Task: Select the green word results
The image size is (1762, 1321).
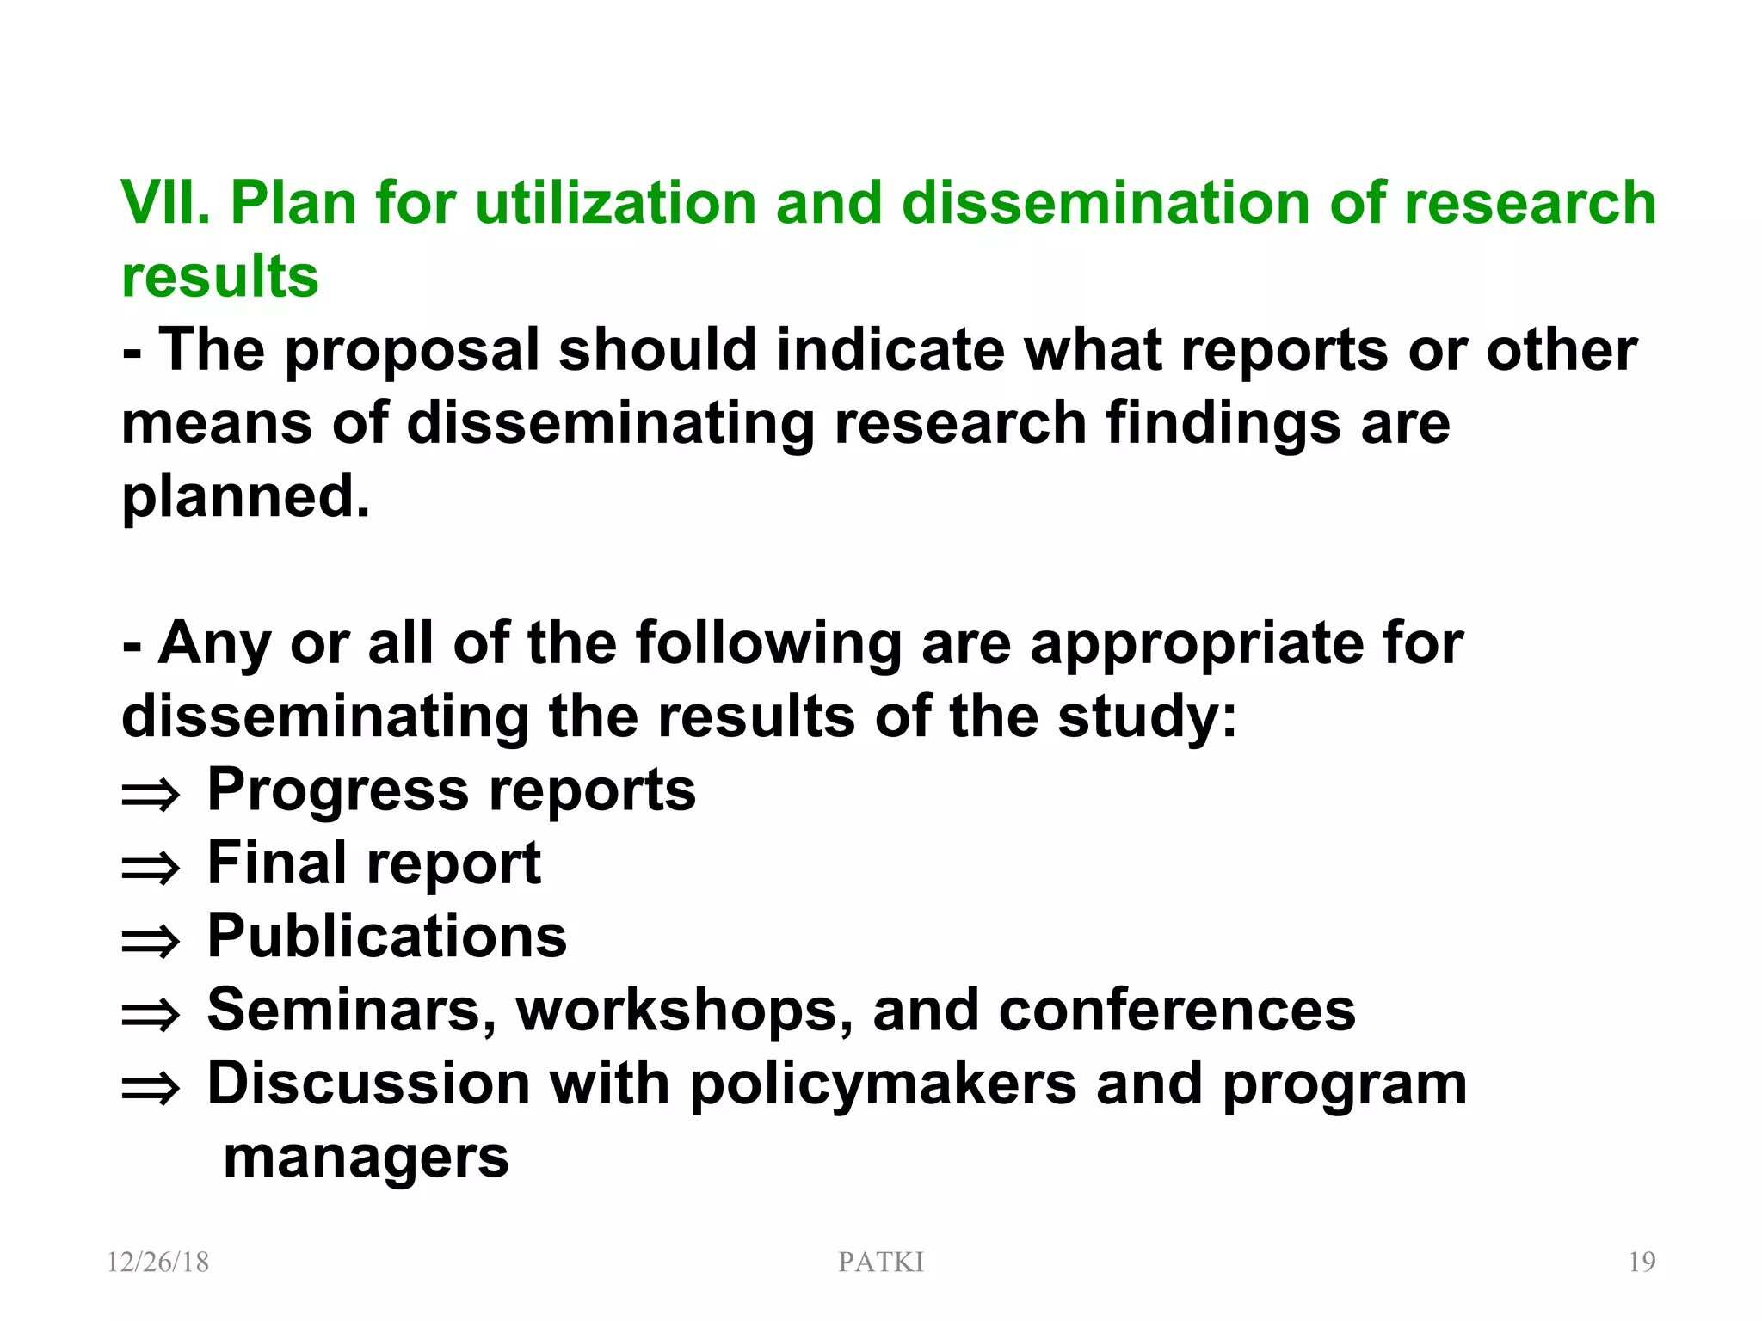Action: coord(220,277)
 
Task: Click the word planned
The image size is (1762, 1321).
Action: coord(246,497)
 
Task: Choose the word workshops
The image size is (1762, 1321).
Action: coord(685,1010)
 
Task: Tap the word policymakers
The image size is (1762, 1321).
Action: coord(883,1084)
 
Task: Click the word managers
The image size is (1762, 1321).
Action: coord(366,1158)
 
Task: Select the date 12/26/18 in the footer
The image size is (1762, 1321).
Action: coord(158,1262)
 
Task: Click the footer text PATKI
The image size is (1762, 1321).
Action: coord(881,1262)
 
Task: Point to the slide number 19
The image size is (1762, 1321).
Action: coord(1642,1262)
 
